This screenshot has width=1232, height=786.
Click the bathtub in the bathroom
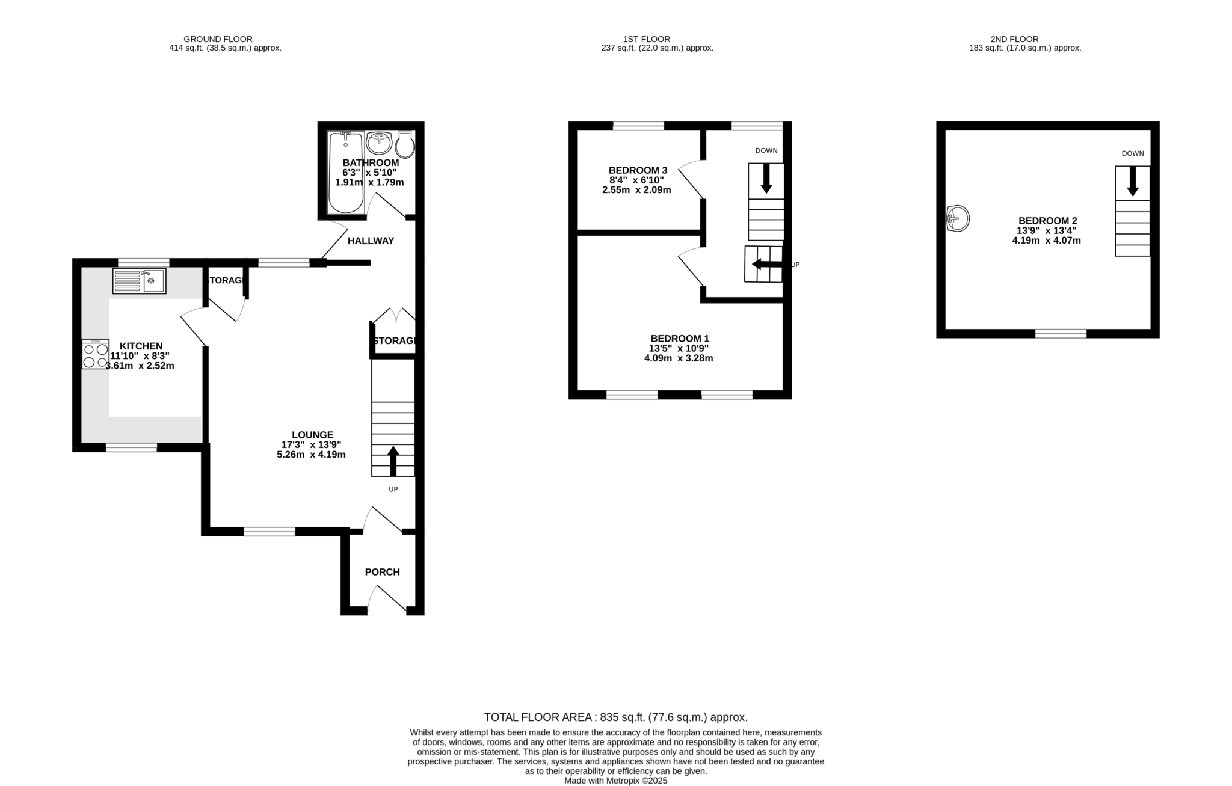point(346,173)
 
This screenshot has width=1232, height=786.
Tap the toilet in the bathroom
point(405,144)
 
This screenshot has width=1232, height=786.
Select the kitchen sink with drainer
point(139,281)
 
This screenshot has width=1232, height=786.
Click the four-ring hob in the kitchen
point(96,354)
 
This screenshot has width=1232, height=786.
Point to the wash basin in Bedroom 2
point(958,218)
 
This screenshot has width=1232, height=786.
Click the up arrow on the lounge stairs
point(393,461)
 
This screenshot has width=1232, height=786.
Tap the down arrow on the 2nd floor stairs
point(1133,181)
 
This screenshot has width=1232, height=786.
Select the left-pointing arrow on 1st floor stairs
point(767,264)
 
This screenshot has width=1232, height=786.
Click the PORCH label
point(382,572)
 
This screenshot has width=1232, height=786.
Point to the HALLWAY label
point(371,241)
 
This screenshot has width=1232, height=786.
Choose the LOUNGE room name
point(312,435)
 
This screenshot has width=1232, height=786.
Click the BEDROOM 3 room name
point(638,170)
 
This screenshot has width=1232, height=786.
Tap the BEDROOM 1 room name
point(680,339)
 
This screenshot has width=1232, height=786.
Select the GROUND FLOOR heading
point(218,39)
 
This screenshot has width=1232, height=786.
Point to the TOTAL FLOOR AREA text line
point(616,717)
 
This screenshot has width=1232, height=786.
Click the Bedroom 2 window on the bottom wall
point(1061,334)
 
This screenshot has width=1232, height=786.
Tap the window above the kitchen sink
point(143,262)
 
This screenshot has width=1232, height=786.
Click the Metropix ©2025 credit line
point(616,781)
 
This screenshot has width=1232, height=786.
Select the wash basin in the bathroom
point(379,143)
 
